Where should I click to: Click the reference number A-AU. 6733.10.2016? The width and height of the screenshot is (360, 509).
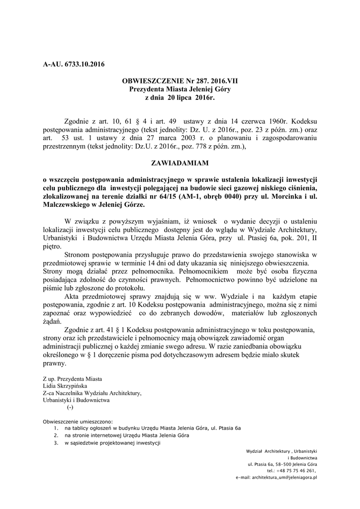74,64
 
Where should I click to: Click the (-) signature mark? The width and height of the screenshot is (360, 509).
70,407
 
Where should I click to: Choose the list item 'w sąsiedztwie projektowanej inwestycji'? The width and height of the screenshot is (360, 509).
111,443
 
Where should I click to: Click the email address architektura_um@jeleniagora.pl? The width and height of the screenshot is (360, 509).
277,477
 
